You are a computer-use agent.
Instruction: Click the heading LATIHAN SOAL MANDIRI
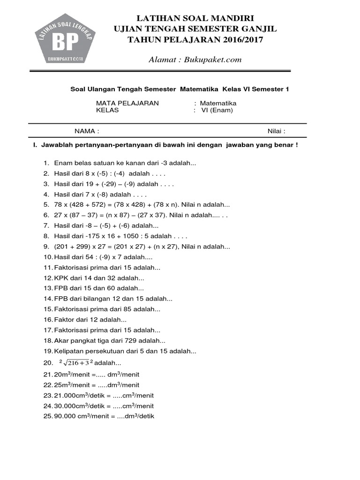pos(195,18)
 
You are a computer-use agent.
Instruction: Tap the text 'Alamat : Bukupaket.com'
pos(195,59)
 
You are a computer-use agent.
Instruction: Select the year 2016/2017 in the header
pos(239,39)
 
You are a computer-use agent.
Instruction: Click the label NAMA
pos(86,131)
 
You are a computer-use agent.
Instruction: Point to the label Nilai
pos(276,131)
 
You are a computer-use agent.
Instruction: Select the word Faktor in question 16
pos(64,320)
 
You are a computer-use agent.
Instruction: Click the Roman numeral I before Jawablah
pos(34,145)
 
